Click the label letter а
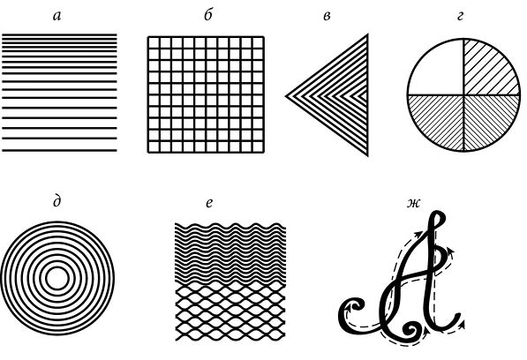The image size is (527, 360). [x=57, y=16]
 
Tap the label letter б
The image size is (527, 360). [x=208, y=15]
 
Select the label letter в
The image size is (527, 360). [x=327, y=16]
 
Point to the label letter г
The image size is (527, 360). [x=460, y=16]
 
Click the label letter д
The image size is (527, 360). [x=57, y=202]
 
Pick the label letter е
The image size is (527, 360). [x=209, y=203]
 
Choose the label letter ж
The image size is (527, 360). [x=413, y=203]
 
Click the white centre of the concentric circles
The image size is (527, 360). [x=57, y=279]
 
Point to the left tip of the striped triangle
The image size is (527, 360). [x=286, y=96]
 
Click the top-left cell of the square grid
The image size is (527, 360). [x=154, y=42]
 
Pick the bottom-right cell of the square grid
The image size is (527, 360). [x=258, y=146]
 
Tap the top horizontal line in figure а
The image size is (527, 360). [x=59, y=34]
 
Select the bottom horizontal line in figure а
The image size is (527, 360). [x=59, y=151]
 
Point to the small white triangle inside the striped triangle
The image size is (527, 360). [x=364, y=96]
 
